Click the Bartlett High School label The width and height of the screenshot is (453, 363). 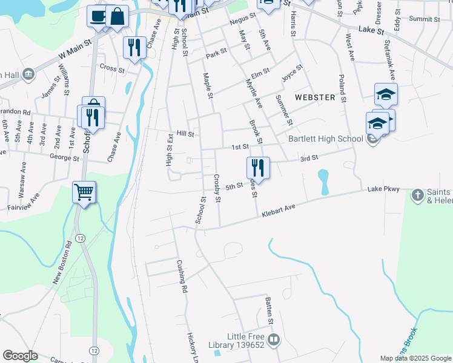(325, 139)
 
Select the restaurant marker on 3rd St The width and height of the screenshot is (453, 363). (258, 167)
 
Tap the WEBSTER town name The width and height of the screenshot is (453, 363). (315, 97)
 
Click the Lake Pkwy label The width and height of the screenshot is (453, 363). (383, 189)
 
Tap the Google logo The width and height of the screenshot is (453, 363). (20, 356)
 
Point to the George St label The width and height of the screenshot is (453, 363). (65, 159)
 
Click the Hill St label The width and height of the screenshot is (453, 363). (185, 134)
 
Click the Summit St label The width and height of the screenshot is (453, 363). (424, 19)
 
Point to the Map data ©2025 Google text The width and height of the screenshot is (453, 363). (415, 358)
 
